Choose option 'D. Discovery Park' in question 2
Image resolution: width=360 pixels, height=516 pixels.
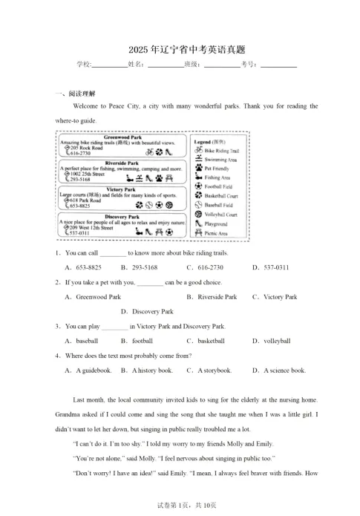click(x=146, y=312)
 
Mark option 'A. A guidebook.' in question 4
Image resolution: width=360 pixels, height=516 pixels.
click(x=88, y=370)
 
